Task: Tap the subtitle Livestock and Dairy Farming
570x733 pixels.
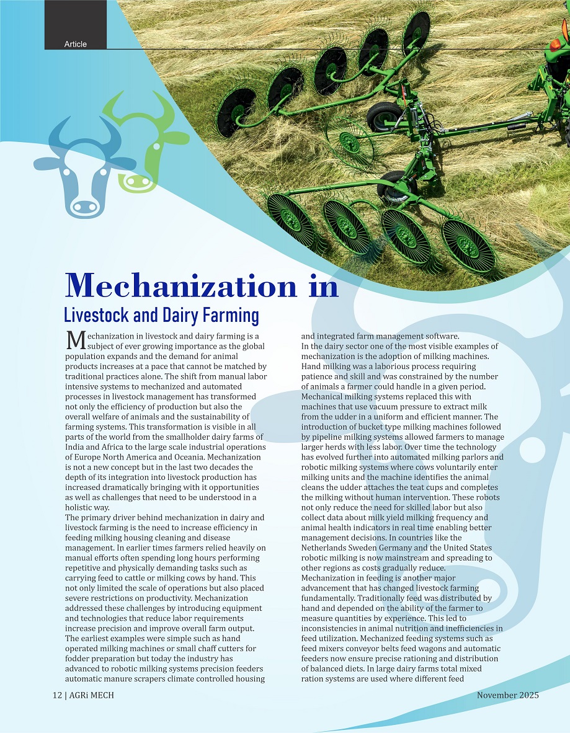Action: (x=161, y=315)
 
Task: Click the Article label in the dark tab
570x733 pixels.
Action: (x=75, y=44)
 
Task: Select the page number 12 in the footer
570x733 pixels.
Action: (x=56, y=695)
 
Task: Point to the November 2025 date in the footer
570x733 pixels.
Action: (x=507, y=695)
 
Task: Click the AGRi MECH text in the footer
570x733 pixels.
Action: (x=91, y=695)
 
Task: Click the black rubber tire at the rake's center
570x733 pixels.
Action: (x=385, y=116)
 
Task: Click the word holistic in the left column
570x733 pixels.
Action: (x=80, y=507)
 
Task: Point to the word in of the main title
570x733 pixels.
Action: (x=322, y=286)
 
